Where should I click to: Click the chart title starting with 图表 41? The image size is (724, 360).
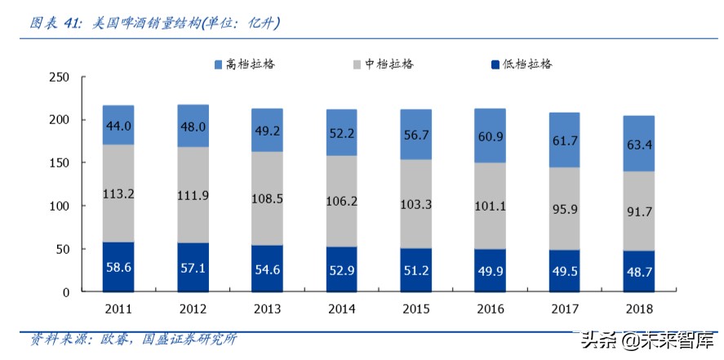[155, 24]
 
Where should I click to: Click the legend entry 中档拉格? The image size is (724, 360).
[384, 64]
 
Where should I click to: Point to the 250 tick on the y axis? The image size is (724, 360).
[60, 78]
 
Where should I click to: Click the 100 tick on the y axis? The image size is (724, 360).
[60, 206]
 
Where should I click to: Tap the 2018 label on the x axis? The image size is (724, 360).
[638, 309]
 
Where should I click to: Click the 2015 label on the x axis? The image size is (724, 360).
[415, 309]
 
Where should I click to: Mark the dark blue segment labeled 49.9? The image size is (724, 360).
[490, 270]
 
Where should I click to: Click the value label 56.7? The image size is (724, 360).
[416, 136]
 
